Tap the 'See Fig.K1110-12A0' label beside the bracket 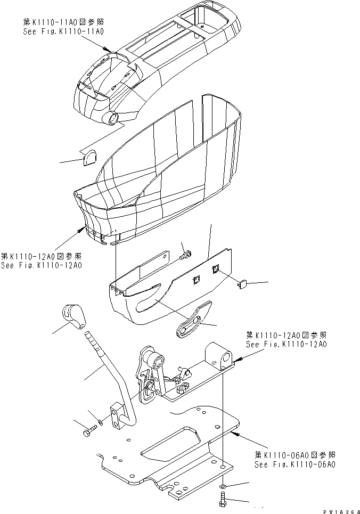click(x=286, y=344)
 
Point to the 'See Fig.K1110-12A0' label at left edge click(x=41, y=265)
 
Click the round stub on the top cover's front click(x=113, y=118)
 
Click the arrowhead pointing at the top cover click(x=110, y=50)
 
